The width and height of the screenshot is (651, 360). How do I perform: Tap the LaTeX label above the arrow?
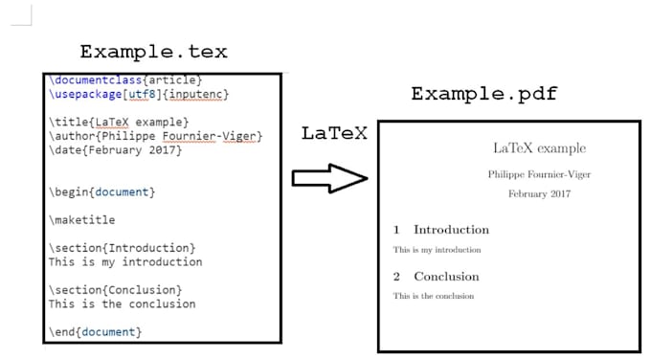(334, 134)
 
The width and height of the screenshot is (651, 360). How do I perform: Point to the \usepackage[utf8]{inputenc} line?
(139, 94)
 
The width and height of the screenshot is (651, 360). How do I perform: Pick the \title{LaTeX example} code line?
(120, 122)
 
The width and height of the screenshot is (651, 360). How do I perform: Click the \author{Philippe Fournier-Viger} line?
(155, 136)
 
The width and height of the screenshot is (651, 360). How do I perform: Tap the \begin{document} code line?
(101, 192)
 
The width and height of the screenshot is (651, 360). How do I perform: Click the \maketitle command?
(83, 220)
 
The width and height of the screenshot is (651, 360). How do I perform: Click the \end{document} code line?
(95, 331)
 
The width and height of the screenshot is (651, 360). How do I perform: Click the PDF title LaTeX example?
(539, 148)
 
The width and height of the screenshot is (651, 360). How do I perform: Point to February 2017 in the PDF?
(539, 193)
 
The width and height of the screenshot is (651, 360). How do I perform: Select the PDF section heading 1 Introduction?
(441, 230)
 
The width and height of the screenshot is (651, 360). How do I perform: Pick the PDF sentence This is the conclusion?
(434, 296)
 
